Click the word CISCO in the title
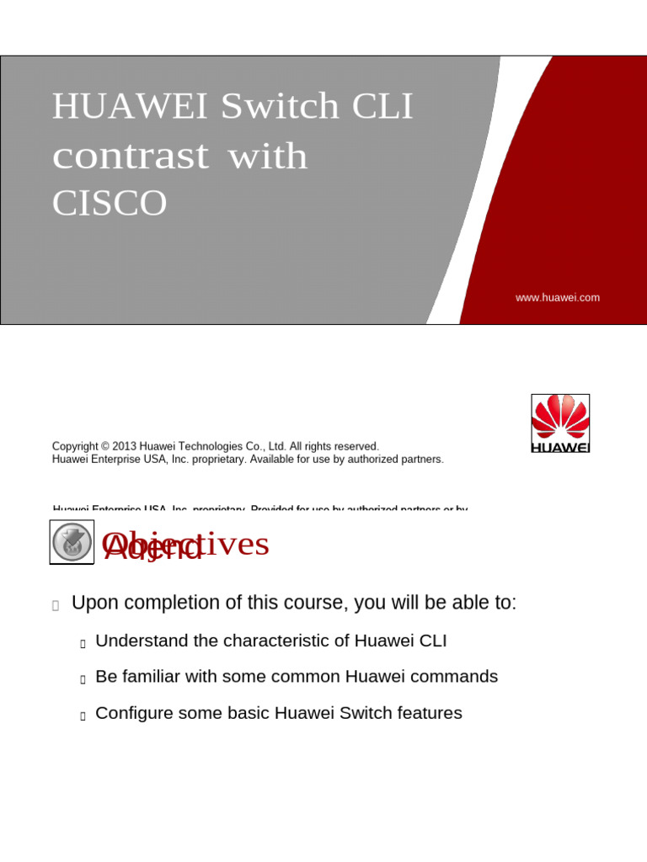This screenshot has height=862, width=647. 110,204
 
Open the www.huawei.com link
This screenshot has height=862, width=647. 558,297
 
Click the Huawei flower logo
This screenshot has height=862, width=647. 560,418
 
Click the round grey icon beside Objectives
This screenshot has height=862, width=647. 72,542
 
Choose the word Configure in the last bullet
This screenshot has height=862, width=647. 133,713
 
